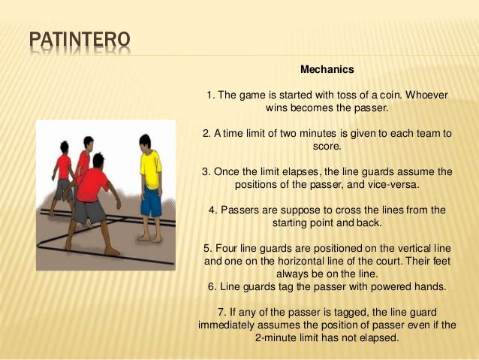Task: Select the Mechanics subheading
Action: [327, 70]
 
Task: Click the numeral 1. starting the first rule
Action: [211, 95]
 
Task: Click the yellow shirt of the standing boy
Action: [150, 170]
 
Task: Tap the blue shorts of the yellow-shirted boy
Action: [151, 201]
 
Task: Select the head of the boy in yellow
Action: [147, 141]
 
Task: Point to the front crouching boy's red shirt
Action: [93, 185]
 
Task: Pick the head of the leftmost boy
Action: [65, 147]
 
